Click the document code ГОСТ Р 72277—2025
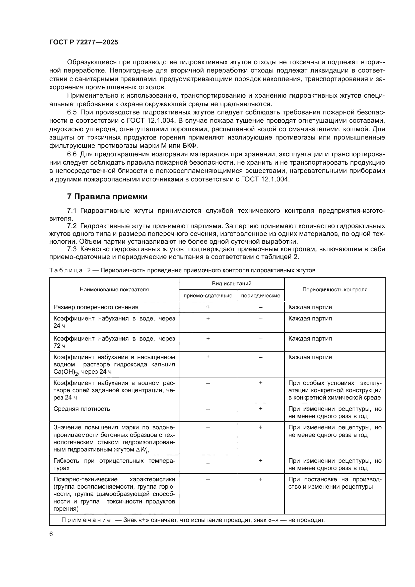pyautogui.click(x=84, y=42)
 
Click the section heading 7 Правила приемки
pyautogui.click(x=107, y=197)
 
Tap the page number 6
pyautogui.click(x=51, y=534)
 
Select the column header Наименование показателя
pyautogui.click(x=114, y=289)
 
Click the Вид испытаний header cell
pyautogui.click(x=232, y=283)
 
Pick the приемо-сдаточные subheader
pyautogui.click(x=208, y=296)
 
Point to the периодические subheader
pyautogui.click(x=260, y=296)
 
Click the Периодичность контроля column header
pyautogui.click(x=335, y=289)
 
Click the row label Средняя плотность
pyautogui.click(x=82, y=409)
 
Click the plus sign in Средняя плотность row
pyautogui.click(x=260, y=409)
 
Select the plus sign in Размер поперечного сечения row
pyautogui.click(x=208, y=307)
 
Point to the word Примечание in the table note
pyautogui.click(x=86, y=520)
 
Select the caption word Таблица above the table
pyautogui.click(x=66, y=270)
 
